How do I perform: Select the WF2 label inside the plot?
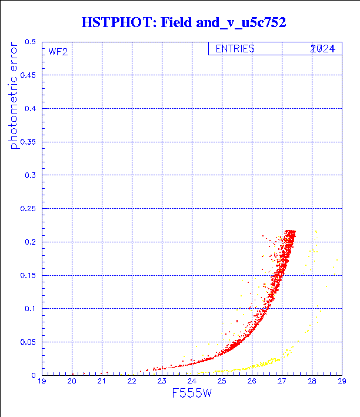(58, 52)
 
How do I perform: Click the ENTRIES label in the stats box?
(235, 49)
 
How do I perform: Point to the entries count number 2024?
(323, 49)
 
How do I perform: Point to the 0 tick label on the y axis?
(34, 375)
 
